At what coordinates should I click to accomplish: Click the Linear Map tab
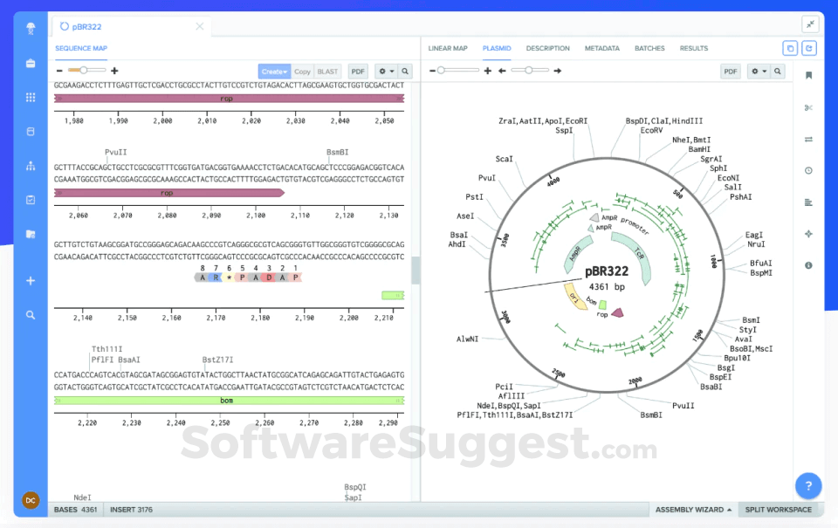coord(448,48)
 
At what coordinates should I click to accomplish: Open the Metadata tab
coord(601,48)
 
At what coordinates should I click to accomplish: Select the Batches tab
coord(649,48)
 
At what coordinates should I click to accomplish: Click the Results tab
coord(694,48)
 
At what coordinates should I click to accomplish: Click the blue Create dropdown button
coord(274,72)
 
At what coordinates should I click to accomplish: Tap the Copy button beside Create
coord(302,72)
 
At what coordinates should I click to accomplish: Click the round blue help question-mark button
coord(808,486)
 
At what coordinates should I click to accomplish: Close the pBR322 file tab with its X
coord(200,26)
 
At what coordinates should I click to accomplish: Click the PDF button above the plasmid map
coord(731,72)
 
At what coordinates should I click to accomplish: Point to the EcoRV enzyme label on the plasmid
coord(651,130)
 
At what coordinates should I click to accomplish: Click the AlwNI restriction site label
coord(466,339)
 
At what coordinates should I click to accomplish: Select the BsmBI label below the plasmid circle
coord(651,415)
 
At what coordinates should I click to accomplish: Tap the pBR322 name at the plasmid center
coord(607,271)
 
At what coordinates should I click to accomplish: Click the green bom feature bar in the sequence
coord(227,401)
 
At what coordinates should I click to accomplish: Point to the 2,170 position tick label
coord(216,318)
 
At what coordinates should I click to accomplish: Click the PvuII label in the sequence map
coord(115,152)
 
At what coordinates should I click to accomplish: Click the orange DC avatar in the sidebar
coord(31,500)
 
